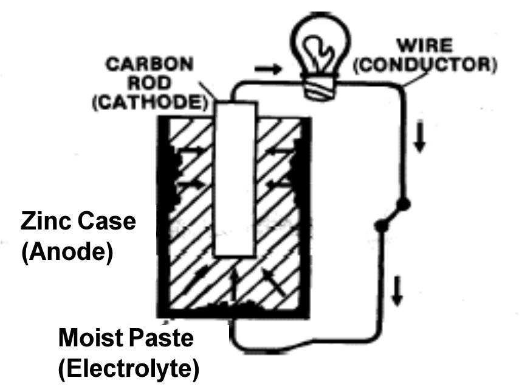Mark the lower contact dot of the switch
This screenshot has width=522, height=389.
tap(381, 226)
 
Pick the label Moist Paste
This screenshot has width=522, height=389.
tap(126, 338)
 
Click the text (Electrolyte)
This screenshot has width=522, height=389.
tap(128, 368)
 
